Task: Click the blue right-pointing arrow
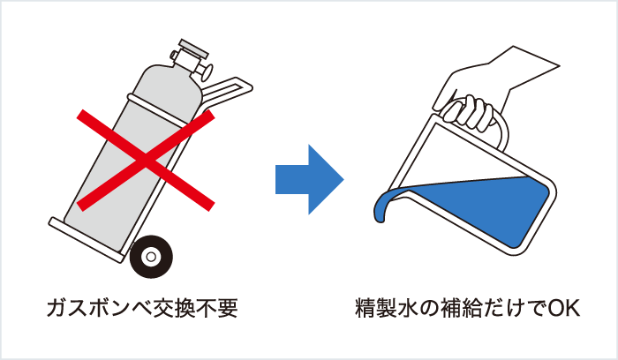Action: coord(308,176)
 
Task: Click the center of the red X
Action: coord(146,161)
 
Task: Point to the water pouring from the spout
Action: coord(384,208)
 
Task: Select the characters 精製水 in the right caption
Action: coord(387,309)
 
